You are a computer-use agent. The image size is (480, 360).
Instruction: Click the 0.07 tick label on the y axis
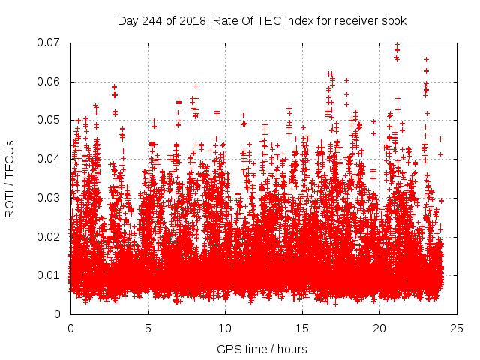(50, 43)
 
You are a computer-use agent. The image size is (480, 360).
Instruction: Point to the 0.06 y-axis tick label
(50, 81)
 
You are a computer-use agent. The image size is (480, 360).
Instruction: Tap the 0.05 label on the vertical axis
(50, 120)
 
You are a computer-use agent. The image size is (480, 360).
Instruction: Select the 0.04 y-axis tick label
(50, 159)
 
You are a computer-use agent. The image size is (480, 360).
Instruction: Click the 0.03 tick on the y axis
(50, 197)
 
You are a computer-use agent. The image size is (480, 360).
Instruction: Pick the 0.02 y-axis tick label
(50, 236)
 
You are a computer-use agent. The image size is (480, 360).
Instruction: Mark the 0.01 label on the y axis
(50, 275)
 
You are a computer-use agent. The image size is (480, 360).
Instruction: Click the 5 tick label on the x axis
(148, 328)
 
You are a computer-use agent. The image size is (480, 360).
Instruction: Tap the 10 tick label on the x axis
(225, 328)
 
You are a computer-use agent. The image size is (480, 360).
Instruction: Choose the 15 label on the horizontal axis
(302, 328)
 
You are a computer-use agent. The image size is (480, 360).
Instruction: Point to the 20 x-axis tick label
(379, 328)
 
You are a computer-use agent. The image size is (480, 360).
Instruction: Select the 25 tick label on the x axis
(457, 328)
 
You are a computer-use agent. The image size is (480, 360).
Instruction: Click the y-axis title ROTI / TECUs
(10, 178)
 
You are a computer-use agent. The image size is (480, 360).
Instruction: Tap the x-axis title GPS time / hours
(262, 349)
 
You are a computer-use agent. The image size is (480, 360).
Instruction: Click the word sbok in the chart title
(394, 19)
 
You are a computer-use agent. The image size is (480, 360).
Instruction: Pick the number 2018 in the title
(192, 19)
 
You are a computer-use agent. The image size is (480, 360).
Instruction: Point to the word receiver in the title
(357, 19)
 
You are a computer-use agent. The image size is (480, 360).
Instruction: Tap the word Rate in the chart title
(223, 19)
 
